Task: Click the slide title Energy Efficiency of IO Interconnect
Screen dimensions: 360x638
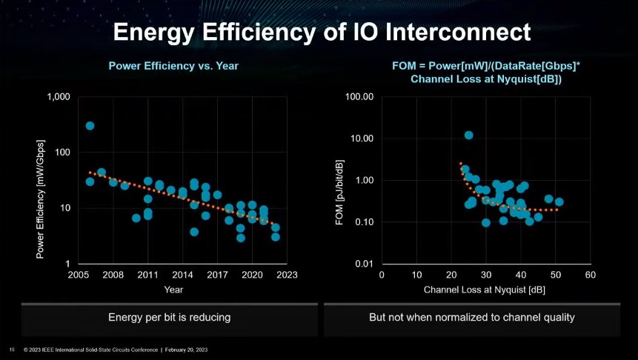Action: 322,33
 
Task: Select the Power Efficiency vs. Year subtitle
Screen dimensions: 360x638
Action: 173,66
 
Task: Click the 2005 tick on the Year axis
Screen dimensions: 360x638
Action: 79,276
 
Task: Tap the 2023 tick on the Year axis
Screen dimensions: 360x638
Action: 287,276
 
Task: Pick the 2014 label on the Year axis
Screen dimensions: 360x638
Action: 183,276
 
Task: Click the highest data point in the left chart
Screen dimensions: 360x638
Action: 90,126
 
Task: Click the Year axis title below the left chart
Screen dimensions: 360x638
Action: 173,290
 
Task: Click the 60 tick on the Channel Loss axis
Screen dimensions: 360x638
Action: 590,276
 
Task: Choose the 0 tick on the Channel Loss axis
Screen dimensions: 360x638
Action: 382,276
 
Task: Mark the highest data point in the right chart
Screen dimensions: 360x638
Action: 469,135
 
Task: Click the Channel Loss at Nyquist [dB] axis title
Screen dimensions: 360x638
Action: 485,290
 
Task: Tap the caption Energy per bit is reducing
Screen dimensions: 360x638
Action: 170,317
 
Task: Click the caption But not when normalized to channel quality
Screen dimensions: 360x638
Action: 473,317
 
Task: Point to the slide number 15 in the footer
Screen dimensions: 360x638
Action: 12,349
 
